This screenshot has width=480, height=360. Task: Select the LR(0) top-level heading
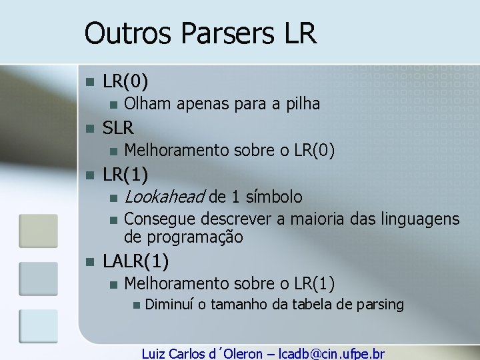(125, 81)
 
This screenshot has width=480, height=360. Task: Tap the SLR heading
(118, 127)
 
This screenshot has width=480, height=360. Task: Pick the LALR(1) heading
(135, 261)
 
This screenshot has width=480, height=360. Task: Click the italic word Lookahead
(165, 197)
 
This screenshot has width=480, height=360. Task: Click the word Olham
(147, 103)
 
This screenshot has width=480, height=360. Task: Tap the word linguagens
(420, 219)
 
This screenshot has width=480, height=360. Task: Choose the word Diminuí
(168, 305)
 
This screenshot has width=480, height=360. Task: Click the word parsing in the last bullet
(380, 305)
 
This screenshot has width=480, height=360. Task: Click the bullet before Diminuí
(136, 305)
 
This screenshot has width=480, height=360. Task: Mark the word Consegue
(160, 219)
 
